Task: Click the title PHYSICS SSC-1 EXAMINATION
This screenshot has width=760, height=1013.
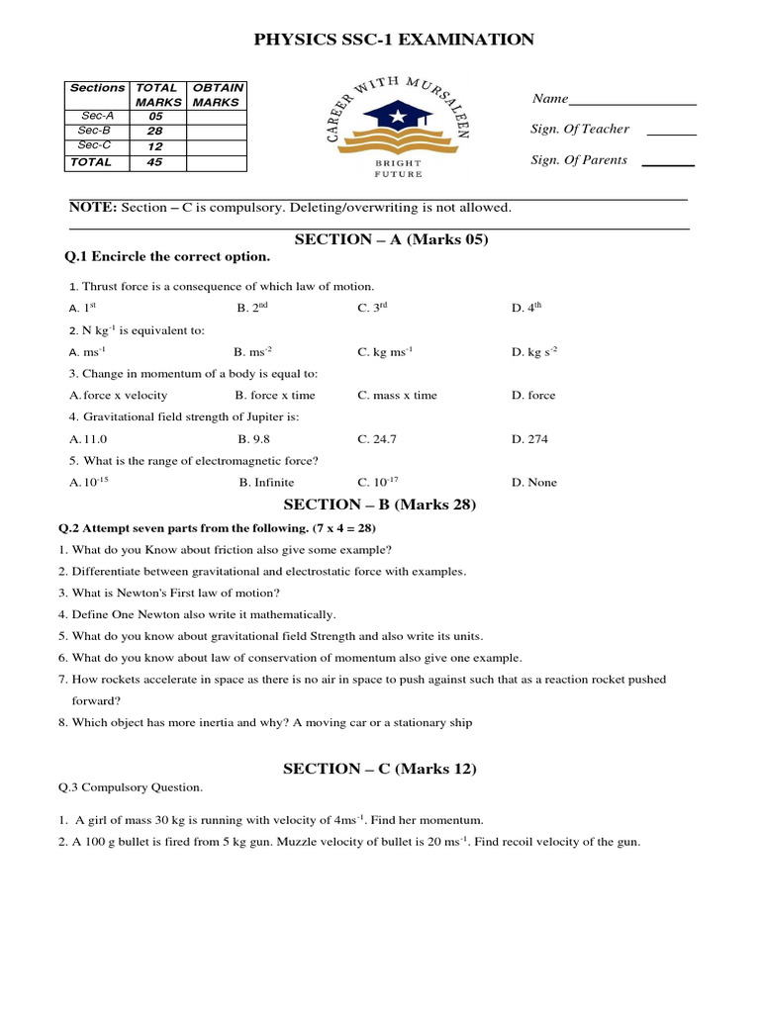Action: pyautogui.click(x=394, y=40)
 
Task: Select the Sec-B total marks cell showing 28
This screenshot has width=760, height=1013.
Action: pyautogui.click(x=154, y=131)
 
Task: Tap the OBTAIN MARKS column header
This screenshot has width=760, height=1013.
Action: pyautogui.click(x=218, y=95)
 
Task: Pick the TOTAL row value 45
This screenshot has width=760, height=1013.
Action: pyautogui.click(x=154, y=162)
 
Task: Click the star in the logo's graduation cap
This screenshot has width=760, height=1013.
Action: pyautogui.click(x=398, y=118)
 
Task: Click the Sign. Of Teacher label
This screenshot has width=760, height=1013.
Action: pyautogui.click(x=580, y=130)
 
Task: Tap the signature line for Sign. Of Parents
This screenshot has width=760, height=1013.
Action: pyautogui.click(x=668, y=163)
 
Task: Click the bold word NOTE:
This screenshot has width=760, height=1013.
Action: pyautogui.click(x=93, y=208)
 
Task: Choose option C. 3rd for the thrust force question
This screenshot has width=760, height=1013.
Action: pyautogui.click(x=372, y=308)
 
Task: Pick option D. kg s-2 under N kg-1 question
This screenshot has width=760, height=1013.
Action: pyautogui.click(x=534, y=351)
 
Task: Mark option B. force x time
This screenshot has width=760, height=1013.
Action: pyautogui.click(x=275, y=395)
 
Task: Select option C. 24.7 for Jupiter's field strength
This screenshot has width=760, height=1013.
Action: pyautogui.click(x=377, y=438)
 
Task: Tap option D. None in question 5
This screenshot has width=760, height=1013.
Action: pyautogui.click(x=534, y=482)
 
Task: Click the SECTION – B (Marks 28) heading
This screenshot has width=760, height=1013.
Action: pyautogui.click(x=380, y=505)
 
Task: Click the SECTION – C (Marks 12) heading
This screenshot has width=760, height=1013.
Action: pyautogui.click(x=380, y=769)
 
